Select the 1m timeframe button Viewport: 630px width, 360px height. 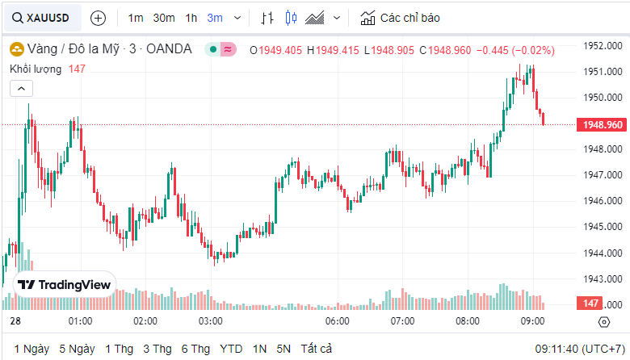[x=136, y=17]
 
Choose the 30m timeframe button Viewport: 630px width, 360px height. [x=164, y=17]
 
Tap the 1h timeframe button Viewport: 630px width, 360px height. [x=191, y=17]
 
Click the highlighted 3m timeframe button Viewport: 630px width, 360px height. [x=215, y=17]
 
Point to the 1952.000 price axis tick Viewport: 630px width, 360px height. [x=601, y=46]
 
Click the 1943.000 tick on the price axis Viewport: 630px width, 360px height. [x=601, y=278]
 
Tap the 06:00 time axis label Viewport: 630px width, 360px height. [x=337, y=321]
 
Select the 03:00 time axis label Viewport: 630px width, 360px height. [x=211, y=321]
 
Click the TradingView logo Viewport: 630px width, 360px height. [x=65, y=284]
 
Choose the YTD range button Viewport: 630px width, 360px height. [x=232, y=349]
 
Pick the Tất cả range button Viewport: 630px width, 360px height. [x=316, y=349]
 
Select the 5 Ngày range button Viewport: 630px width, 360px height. [x=78, y=349]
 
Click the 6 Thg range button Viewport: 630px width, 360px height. [x=196, y=349]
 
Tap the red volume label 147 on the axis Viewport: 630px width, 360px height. [x=590, y=303]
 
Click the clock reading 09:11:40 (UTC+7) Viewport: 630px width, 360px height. [x=578, y=349]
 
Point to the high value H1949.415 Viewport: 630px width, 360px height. [x=333, y=50]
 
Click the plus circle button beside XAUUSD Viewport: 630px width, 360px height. [x=98, y=17]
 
